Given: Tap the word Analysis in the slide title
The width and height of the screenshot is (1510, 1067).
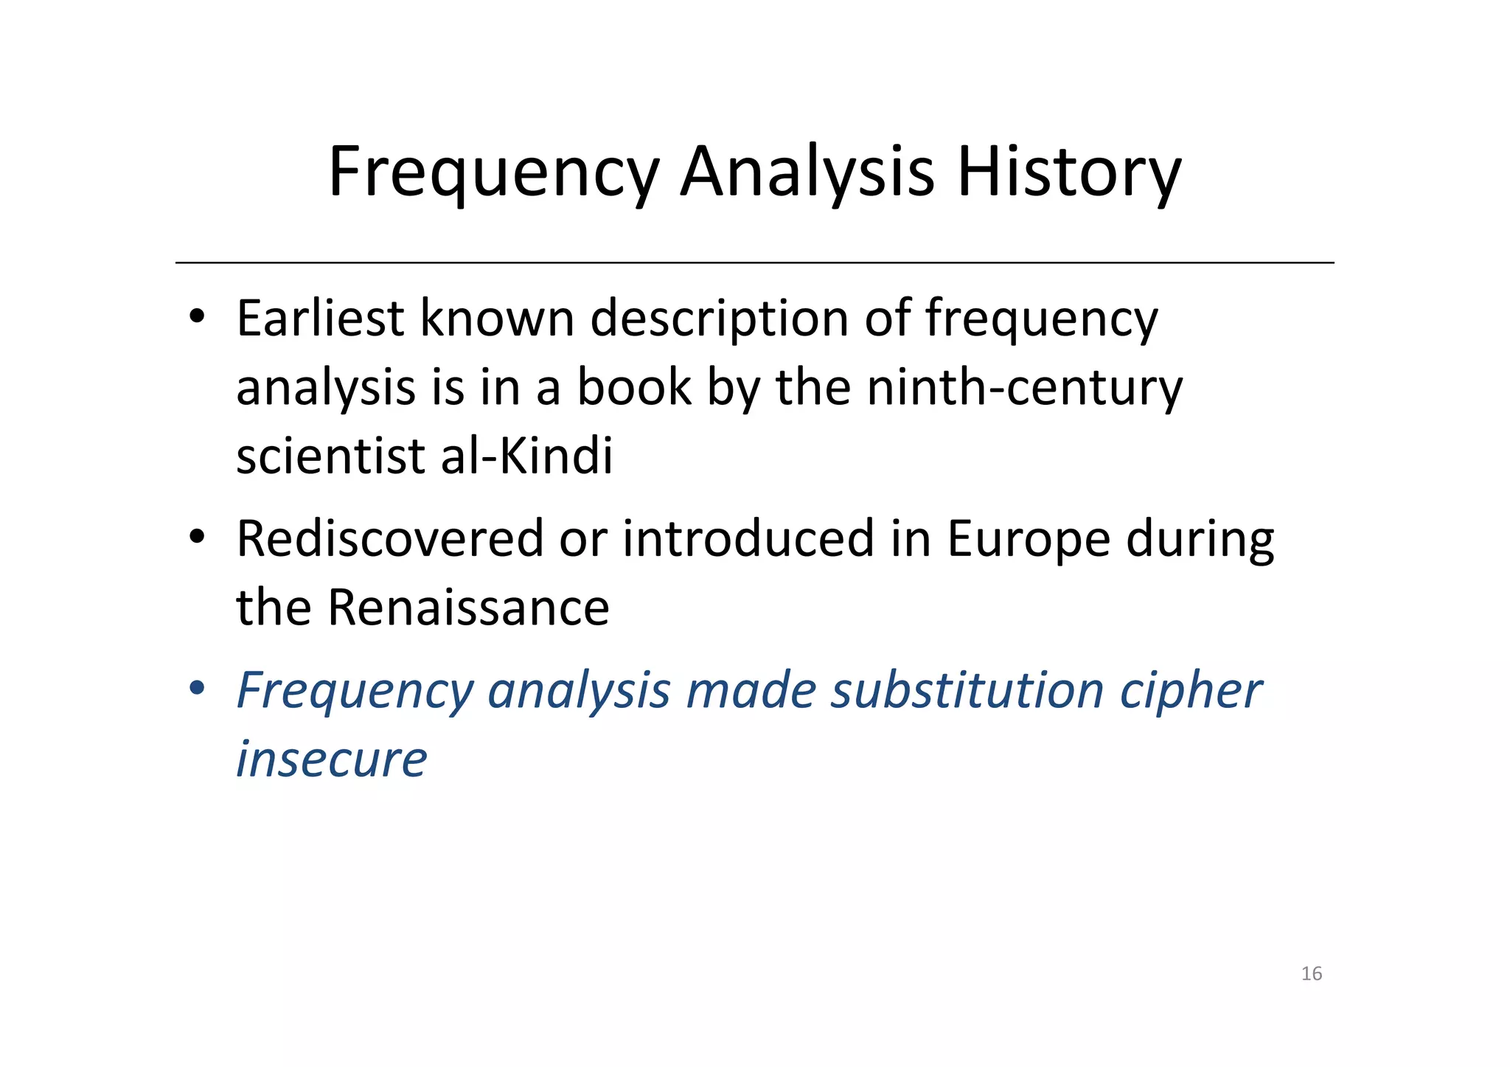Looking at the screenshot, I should tap(807, 173).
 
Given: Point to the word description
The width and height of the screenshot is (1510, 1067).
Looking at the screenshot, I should tap(720, 320).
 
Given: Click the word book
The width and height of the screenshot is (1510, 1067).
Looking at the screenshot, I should tap(634, 386).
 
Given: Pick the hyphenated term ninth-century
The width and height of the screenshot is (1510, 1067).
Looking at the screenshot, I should tap(1024, 388).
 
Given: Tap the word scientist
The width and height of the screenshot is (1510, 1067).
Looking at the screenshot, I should tap(330, 455).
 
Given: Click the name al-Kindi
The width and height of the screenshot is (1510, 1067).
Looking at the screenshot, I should tap(526, 455).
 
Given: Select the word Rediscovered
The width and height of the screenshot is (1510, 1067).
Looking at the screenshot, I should tap(390, 538).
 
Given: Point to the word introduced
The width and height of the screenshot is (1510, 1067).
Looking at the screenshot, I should tap(748, 538).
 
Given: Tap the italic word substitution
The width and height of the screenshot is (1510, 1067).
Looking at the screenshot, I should tap(967, 691).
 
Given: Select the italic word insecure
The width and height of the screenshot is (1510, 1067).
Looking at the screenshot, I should tap(331, 759).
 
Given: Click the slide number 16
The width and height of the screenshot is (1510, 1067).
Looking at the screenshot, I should tap(1311, 974).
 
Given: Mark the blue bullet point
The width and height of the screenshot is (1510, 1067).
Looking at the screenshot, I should tap(196, 689).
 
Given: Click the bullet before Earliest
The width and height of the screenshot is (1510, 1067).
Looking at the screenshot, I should tap(196, 317).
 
